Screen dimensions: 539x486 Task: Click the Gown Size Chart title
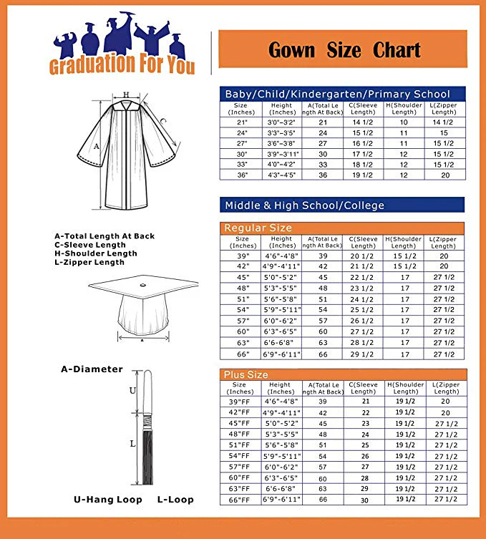(x=344, y=50)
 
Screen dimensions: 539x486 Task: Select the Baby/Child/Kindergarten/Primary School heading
(x=337, y=94)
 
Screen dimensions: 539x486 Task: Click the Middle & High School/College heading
(x=304, y=205)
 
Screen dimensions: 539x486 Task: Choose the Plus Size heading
(x=246, y=374)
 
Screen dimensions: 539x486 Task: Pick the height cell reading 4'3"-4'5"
(x=283, y=175)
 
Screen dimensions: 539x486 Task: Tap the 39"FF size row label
(x=242, y=402)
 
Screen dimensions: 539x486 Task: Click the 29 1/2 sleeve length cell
(x=363, y=354)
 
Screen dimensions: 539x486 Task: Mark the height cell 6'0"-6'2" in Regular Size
(x=282, y=321)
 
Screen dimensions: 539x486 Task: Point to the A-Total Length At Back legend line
(x=105, y=235)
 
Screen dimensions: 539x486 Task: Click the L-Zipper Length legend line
(x=89, y=262)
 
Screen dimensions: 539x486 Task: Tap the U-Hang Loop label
(x=108, y=499)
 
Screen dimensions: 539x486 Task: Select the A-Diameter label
(x=92, y=369)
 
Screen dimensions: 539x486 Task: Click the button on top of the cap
(x=142, y=286)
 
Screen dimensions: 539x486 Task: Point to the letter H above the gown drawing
(x=126, y=94)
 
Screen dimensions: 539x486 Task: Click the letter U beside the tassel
(x=132, y=391)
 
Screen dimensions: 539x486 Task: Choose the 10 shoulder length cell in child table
(x=404, y=122)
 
